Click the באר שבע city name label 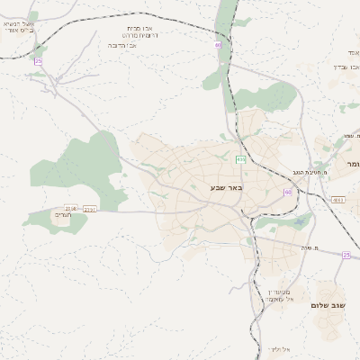coord(226,187)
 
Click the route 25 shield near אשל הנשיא coord(39,61)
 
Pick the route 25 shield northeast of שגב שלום coord(346,255)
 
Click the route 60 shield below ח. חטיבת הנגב coord(288,192)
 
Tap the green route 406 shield coord(240,159)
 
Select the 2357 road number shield coord(90,210)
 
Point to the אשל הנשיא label coord(19,25)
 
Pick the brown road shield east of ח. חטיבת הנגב coord(337,200)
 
